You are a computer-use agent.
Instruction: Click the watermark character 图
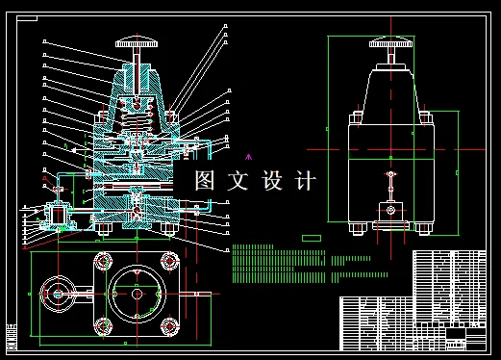(205, 180)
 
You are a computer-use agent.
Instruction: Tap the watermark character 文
(237, 180)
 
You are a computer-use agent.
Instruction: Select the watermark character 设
(270, 180)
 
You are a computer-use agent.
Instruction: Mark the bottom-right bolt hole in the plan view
(170, 324)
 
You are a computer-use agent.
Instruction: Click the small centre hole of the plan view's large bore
(137, 294)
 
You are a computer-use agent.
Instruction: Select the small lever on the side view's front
(390, 182)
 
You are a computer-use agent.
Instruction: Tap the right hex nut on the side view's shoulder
(427, 118)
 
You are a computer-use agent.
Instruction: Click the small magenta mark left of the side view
(249, 155)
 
